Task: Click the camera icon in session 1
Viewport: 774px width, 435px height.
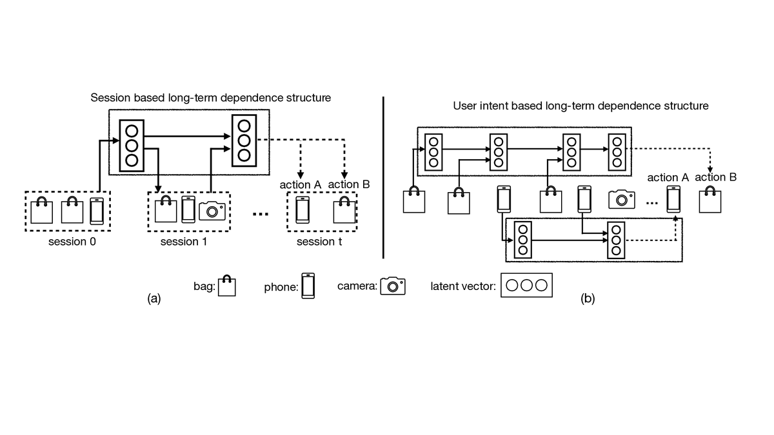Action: coord(212,211)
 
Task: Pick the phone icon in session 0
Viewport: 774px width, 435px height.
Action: coord(96,211)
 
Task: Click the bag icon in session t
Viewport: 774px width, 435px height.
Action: coord(344,211)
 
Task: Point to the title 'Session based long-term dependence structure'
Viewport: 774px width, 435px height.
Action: coord(211,98)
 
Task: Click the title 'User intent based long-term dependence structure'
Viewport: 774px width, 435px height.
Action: coord(581,105)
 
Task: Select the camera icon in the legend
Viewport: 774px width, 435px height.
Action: coord(393,285)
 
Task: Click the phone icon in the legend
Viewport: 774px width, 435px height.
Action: coord(308,285)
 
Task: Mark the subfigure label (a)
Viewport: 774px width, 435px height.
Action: coord(154,298)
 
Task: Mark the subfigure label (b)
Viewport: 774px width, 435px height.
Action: coord(588,298)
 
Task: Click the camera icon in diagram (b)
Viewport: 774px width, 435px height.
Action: coord(622,199)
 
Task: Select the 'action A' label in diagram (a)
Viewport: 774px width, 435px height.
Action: coord(300,185)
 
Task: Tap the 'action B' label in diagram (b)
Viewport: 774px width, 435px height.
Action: coord(715,177)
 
